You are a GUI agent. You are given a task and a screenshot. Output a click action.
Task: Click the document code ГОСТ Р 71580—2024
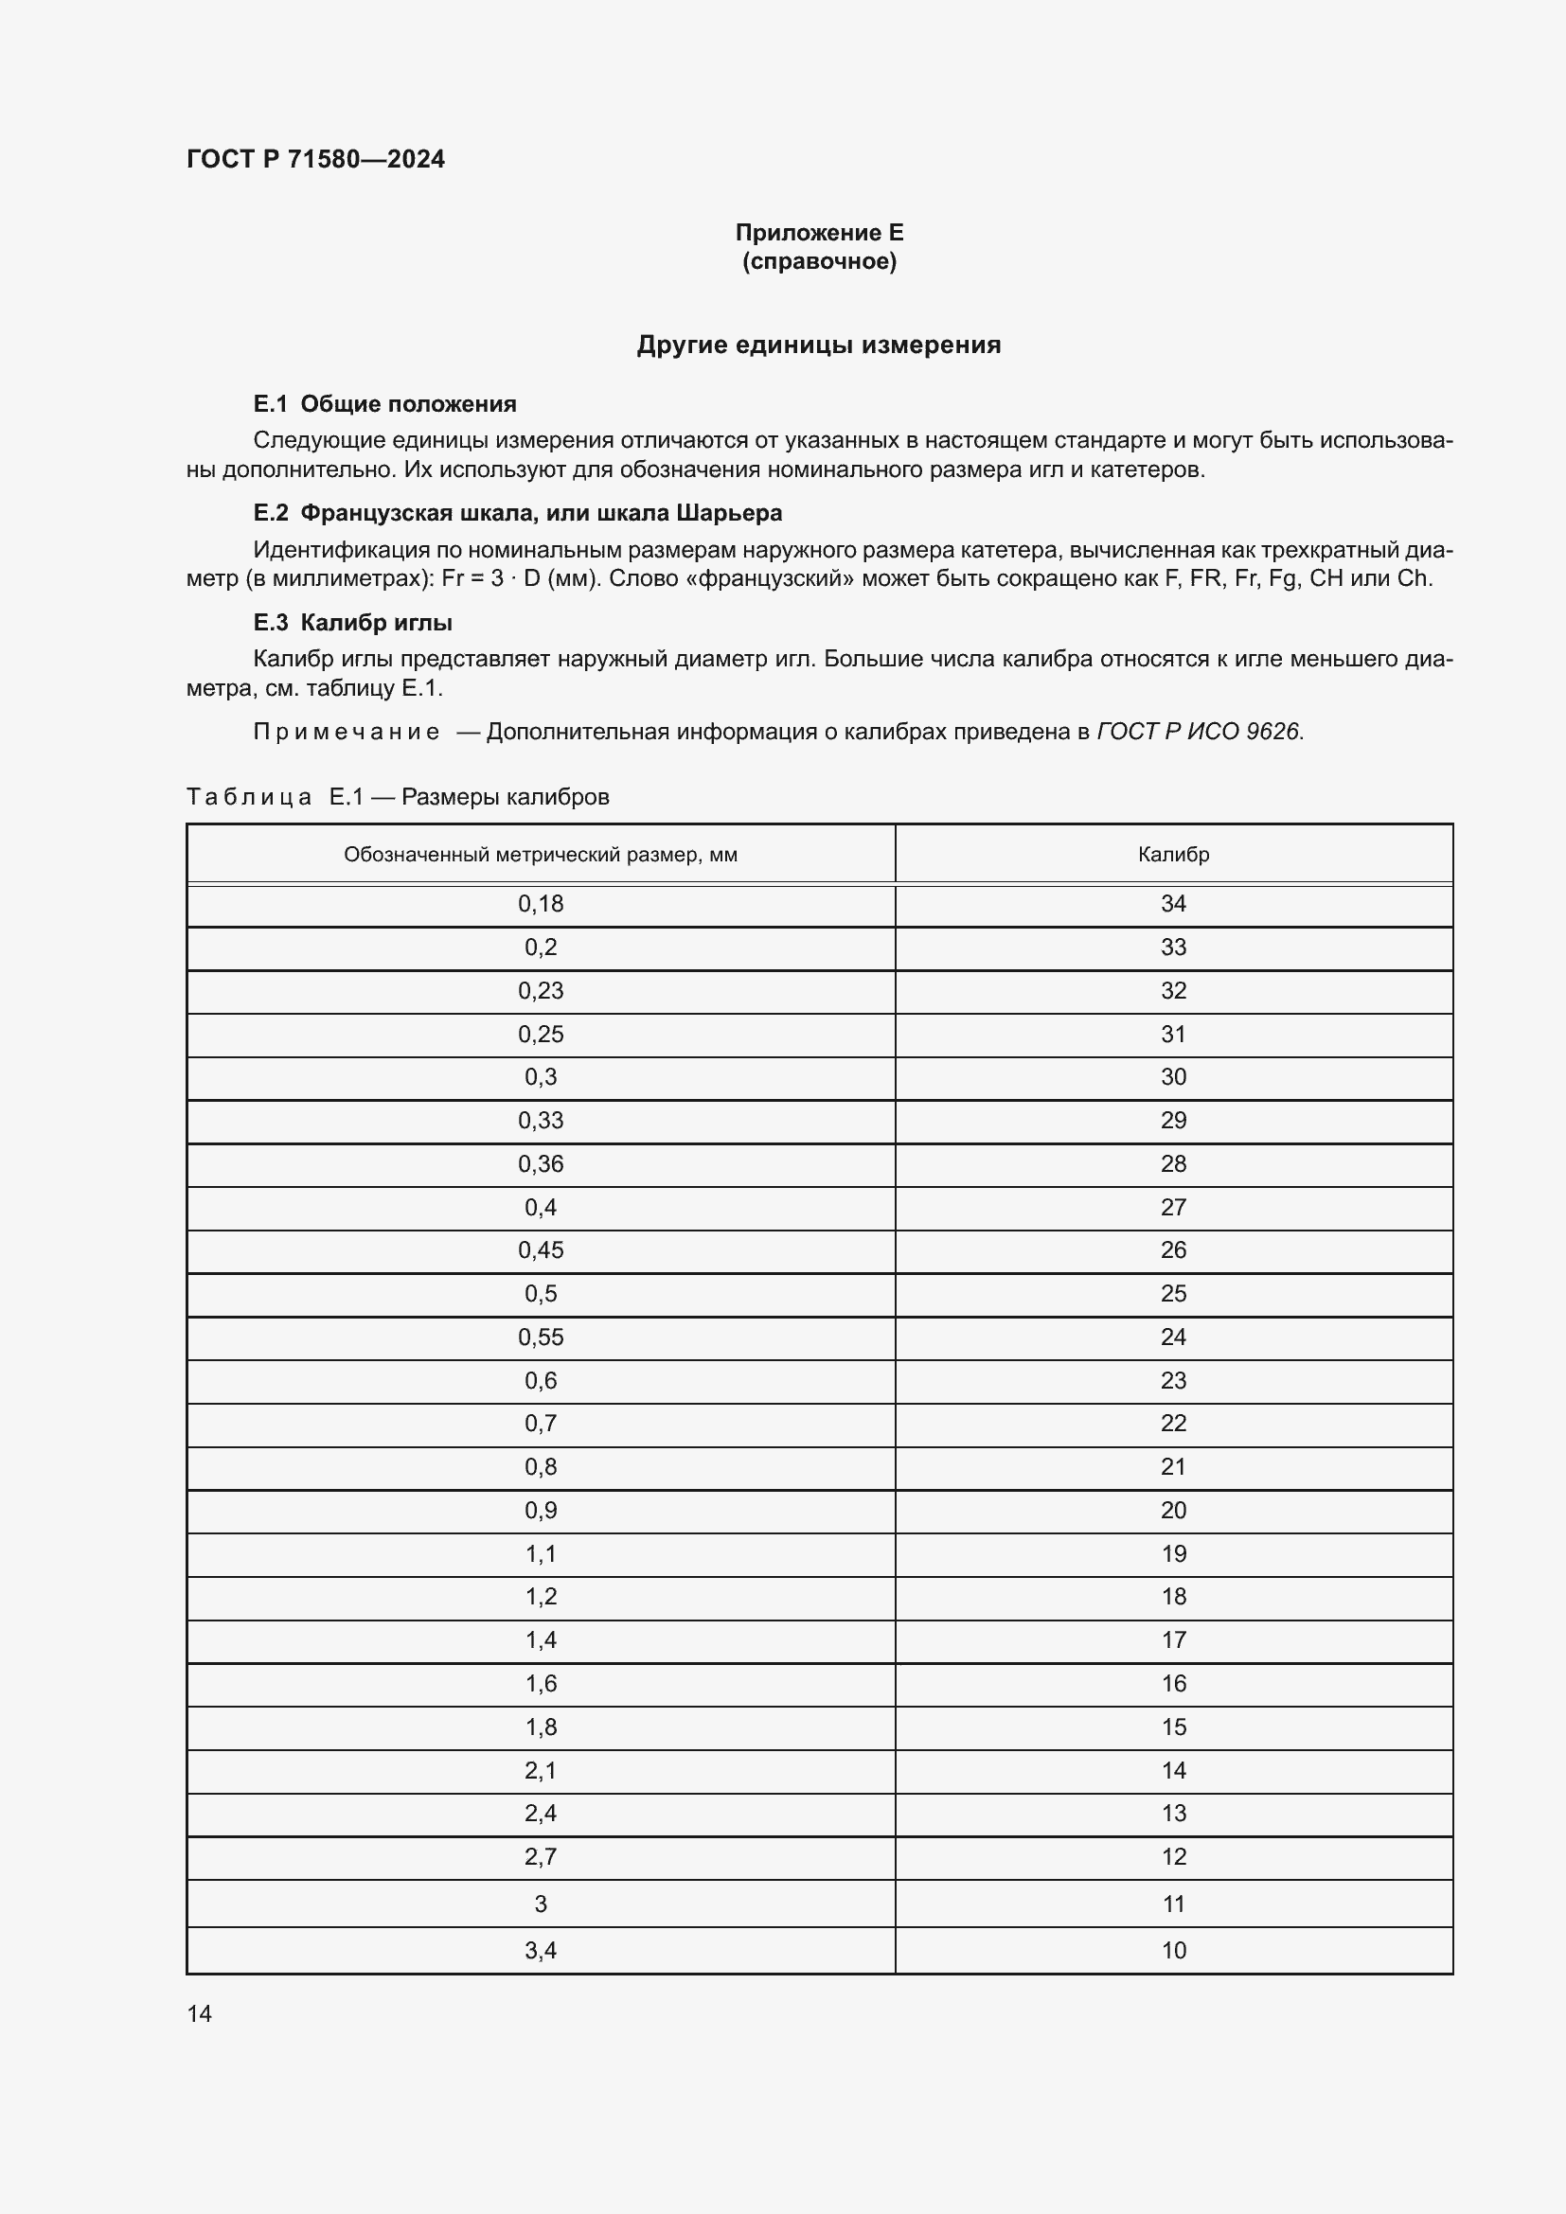(315, 159)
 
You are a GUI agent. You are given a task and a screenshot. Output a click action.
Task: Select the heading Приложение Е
(819, 233)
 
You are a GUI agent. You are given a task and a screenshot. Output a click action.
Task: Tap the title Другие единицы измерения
(819, 345)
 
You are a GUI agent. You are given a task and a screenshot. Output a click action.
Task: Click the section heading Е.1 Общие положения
(384, 404)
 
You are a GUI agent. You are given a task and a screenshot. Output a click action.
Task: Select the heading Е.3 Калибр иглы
(353, 623)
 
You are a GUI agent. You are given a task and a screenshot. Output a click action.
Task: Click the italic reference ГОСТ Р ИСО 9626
(1199, 732)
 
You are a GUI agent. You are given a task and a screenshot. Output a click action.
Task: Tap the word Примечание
(347, 732)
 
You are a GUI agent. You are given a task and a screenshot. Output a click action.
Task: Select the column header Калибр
(1172, 855)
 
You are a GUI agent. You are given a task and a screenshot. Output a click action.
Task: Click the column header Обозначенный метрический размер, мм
(540, 855)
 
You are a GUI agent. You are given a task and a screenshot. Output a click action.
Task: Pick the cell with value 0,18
(540, 905)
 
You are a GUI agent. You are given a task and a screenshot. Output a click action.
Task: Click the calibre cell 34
(1172, 905)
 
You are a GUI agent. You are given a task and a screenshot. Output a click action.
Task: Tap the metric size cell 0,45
(540, 1250)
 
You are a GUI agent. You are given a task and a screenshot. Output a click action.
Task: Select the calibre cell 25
(1172, 1294)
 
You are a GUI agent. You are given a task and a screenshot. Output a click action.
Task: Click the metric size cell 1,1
(540, 1554)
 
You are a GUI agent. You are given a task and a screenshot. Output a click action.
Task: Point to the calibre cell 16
(1172, 1684)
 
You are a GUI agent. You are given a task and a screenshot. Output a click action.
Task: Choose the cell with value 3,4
(540, 1951)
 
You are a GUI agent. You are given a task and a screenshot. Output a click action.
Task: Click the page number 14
(200, 2014)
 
